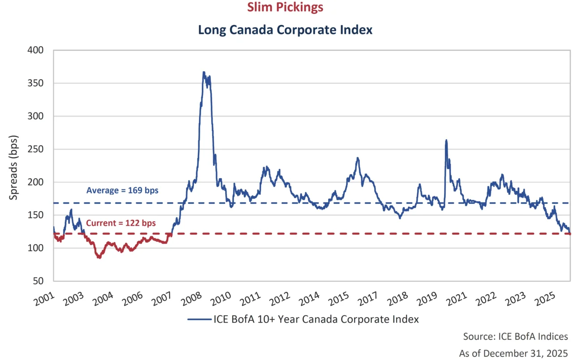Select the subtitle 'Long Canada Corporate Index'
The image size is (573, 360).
point(285,30)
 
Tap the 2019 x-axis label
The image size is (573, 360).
point(426,297)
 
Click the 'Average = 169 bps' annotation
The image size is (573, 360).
point(122,190)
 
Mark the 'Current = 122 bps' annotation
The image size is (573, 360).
point(121,223)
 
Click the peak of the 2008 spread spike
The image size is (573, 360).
point(204,72)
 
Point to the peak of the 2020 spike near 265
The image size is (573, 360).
point(446,140)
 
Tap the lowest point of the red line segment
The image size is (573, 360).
point(99,258)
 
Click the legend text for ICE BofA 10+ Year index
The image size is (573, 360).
point(316,319)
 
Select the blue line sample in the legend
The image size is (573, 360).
point(200,320)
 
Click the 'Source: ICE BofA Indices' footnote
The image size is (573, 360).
point(515,336)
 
